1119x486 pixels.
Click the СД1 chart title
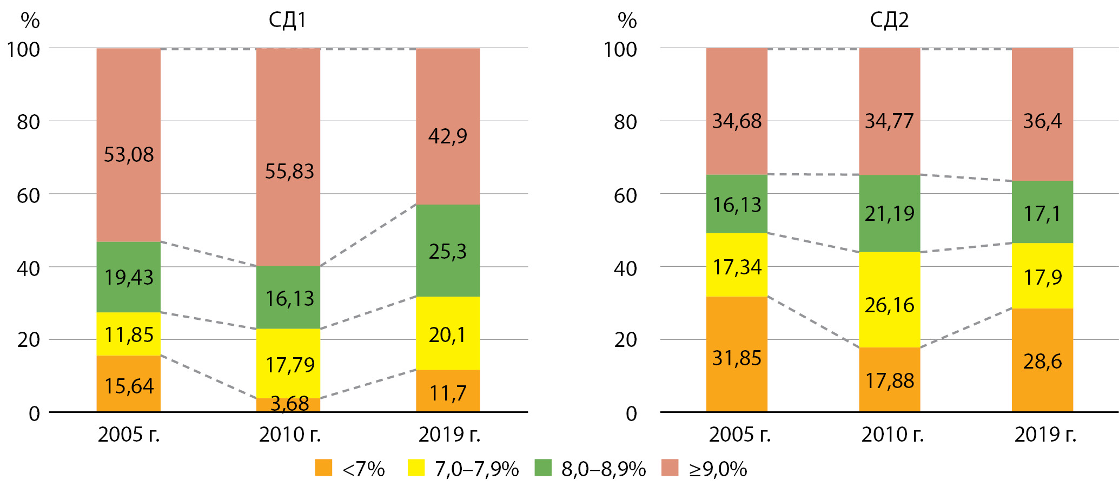(x=287, y=21)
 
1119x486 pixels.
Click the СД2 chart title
(x=889, y=21)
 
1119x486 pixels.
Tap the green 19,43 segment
(x=129, y=277)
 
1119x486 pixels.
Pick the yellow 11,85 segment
(x=129, y=334)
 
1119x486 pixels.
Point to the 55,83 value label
(x=289, y=172)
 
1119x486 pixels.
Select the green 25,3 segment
(x=448, y=251)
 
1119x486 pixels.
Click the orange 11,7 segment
(x=448, y=391)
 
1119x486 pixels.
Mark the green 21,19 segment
(x=889, y=213)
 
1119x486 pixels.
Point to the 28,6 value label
(x=1042, y=361)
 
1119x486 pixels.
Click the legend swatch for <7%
(x=323, y=468)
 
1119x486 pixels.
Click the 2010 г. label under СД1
(x=290, y=435)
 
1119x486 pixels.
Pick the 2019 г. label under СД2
(x=1045, y=435)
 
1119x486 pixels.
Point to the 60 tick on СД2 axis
(x=625, y=195)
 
